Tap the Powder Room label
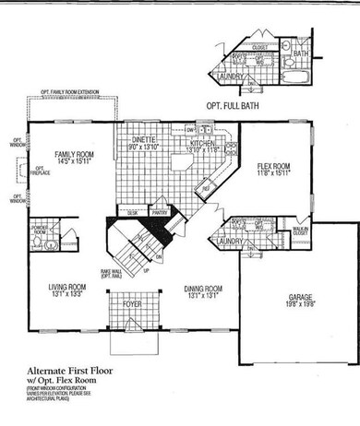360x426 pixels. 39,229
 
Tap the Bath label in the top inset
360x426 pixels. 301,54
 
